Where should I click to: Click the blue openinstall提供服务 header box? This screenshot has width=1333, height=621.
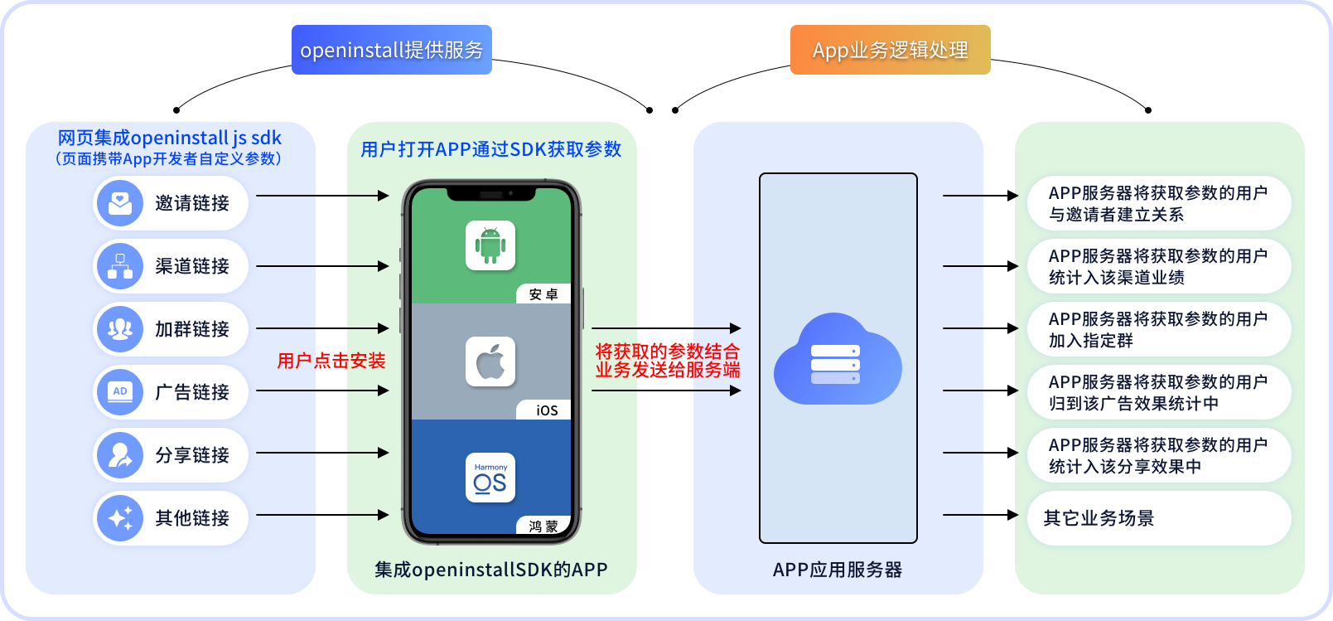(391, 50)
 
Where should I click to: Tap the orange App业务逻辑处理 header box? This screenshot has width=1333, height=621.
(890, 50)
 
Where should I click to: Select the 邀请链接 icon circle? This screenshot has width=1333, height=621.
(120, 203)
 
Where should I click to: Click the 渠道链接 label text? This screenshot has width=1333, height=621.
(192, 266)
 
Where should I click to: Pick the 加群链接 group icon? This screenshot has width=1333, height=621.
(120, 329)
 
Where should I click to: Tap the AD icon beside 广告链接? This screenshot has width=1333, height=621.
(120, 392)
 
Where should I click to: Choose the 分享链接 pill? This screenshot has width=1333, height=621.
(171, 454)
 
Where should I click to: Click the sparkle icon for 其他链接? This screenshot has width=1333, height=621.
(120, 518)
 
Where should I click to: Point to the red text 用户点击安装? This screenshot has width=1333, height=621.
(331, 361)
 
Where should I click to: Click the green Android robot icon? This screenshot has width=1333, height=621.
(490, 245)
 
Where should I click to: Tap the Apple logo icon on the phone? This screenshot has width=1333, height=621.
(490, 361)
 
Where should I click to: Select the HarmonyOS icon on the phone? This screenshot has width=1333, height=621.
(490, 478)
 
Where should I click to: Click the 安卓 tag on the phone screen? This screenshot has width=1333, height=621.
(543, 294)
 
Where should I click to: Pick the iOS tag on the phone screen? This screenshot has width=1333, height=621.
(546, 410)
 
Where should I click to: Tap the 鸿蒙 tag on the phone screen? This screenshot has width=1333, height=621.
(543, 526)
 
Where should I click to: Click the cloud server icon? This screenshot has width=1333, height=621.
(837, 361)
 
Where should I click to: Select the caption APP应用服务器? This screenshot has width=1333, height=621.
(837, 570)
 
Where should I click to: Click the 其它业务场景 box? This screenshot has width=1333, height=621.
(1158, 518)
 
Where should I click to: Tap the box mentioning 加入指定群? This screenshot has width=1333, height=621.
(1158, 329)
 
